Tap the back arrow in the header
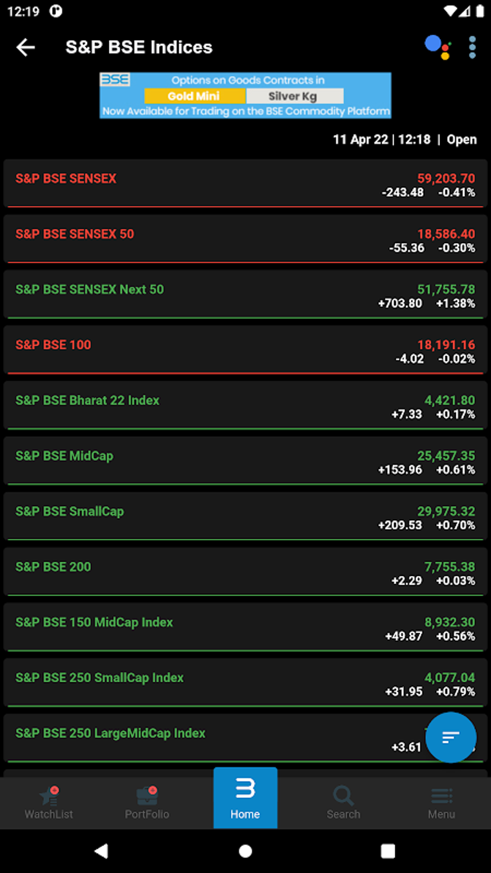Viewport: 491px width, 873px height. click(26, 47)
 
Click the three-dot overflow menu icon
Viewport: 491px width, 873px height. click(472, 47)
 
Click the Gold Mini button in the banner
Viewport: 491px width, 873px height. click(194, 96)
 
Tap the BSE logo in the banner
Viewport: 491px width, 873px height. click(115, 79)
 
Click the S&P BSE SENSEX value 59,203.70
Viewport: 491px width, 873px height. click(446, 179)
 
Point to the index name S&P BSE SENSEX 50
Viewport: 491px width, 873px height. click(75, 234)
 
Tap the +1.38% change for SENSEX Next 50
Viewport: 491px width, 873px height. click(455, 303)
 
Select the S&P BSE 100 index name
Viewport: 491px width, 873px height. click(53, 345)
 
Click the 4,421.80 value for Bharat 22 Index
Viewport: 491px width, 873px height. click(450, 400)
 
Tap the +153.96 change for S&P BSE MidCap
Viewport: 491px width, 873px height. click(400, 469)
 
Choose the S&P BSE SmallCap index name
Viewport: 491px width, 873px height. click(70, 511)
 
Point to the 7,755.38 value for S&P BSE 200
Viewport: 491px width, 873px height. click(450, 567)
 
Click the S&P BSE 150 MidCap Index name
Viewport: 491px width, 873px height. click(94, 622)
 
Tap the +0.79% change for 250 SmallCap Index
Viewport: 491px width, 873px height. click(455, 691)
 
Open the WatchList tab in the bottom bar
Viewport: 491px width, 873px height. click(49, 802)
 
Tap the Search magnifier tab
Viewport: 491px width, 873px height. click(343, 802)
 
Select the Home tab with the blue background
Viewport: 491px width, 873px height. click(245, 798)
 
